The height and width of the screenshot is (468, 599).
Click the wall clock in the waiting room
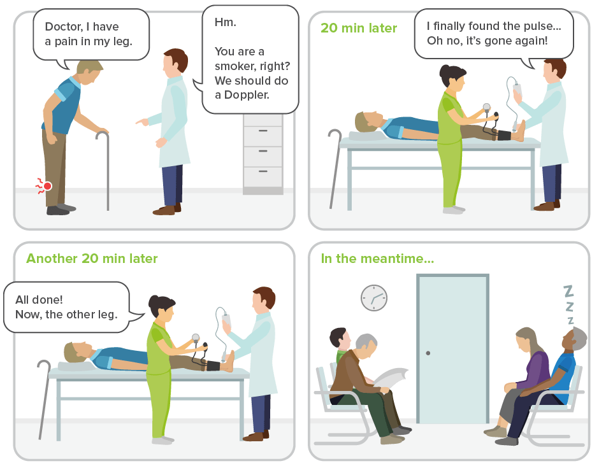coord(373,297)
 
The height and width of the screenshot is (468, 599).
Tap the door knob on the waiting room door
coord(428,352)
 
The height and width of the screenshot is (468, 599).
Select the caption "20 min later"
coord(359,28)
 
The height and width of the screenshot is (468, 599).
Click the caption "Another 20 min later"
coord(92,259)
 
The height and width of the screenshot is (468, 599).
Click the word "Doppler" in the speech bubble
coord(251,95)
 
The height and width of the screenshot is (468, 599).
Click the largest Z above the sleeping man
coord(569,292)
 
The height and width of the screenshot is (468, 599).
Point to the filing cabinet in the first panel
coord(263,153)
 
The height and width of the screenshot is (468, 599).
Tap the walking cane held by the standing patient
coord(106,169)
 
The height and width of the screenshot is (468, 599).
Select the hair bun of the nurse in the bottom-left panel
coord(153,299)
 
